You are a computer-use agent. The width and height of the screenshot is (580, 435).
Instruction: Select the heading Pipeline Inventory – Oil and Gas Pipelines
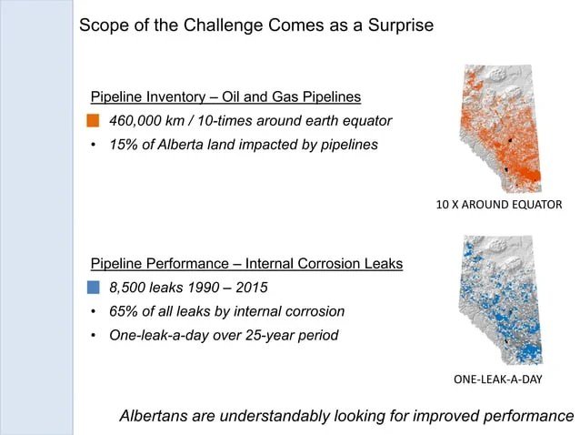tap(225, 97)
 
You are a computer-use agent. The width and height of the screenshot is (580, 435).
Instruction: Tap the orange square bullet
tap(94, 121)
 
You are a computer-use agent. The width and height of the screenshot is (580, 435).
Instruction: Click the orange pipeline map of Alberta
tap(499, 127)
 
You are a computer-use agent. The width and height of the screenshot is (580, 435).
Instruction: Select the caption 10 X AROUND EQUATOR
tap(499, 205)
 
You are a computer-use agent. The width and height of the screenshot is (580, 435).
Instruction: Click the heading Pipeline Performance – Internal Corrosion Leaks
tap(246, 264)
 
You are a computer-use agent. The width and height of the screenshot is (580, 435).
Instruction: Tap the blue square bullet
tap(94, 288)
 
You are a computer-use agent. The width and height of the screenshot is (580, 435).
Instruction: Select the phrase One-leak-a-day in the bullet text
tap(155, 335)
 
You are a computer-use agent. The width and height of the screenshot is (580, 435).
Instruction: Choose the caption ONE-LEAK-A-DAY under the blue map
tap(497, 378)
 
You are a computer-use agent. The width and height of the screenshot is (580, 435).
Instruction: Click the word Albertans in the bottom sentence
tap(155, 416)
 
